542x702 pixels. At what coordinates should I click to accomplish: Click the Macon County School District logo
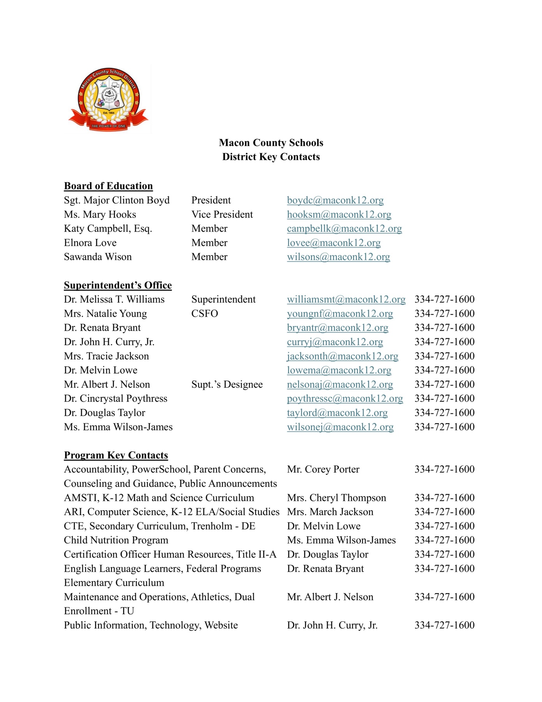pos(108,100)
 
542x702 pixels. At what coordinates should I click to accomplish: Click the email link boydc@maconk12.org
pos(335,200)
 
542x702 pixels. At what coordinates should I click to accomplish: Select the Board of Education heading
pos(108,186)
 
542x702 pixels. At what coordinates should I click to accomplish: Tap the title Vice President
pos(222,214)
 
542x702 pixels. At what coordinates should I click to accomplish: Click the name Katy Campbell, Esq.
pos(108,229)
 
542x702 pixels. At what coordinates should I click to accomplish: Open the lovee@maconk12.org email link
pos(334,243)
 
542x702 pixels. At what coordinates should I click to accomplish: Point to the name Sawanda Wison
pos(98,257)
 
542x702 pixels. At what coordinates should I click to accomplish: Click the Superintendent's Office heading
pos(118,285)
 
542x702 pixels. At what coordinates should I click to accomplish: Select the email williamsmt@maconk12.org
pos(346,300)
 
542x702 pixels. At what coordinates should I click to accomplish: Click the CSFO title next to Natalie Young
pos(205,314)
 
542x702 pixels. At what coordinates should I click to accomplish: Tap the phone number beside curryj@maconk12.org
pos(444,342)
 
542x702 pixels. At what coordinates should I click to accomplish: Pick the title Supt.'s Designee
pos(227,385)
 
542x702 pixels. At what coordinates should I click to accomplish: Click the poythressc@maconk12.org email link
pos(345,399)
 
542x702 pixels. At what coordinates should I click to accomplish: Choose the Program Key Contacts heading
pos(116,455)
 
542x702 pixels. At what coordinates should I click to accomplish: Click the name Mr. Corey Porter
pos(323,470)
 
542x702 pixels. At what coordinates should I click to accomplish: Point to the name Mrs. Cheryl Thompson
pos(336,498)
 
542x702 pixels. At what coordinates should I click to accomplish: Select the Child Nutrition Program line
pos(116,541)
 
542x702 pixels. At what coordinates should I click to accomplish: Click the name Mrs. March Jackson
pos(330,512)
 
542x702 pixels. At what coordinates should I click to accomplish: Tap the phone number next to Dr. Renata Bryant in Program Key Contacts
pos(444,569)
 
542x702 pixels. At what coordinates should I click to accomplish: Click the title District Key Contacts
pos(271,157)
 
